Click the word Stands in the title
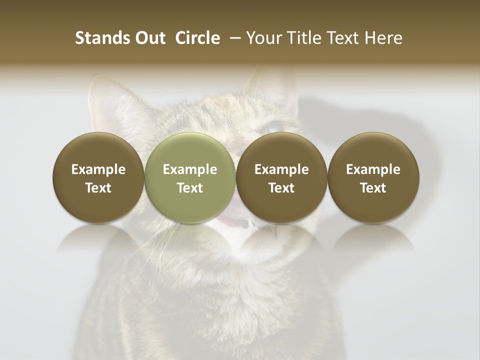coord(95,38)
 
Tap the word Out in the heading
coord(149,38)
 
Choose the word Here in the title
coord(383,38)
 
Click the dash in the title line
coord(233,38)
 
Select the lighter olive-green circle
coord(190,177)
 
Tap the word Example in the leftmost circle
coord(98,169)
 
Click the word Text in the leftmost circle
coord(98,188)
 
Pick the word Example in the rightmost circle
coord(373,169)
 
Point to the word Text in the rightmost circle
coord(373,188)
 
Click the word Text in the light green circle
coord(190,188)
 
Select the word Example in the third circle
coord(281,169)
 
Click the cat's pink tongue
coord(230,221)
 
